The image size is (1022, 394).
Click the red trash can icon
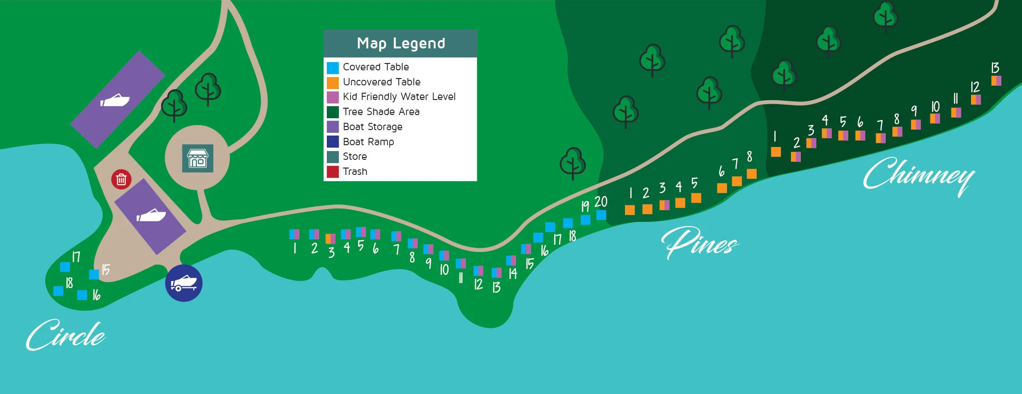pos(121,179)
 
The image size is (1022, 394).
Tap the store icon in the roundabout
pos(198,158)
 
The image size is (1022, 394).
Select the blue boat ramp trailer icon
pos(184,283)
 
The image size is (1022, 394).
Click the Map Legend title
pos(401,43)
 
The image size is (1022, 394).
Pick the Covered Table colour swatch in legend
pos(333,68)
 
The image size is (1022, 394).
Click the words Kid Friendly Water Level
pos(399,97)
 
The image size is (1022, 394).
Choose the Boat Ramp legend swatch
pos(333,142)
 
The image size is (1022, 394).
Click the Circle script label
pos(66,336)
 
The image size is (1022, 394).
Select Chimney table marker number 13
pos(996,81)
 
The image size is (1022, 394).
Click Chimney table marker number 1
pos(776,152)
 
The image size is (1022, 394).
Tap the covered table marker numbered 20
pos(601,215)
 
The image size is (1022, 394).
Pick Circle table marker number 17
pos(65,267)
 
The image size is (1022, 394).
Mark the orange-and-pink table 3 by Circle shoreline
pos(330,238)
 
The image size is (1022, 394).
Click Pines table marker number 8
pos(752,173)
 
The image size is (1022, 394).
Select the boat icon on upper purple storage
pos(115,100)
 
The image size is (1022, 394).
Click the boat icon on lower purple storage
pos(151,215)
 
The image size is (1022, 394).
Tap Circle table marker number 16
pos(82,295)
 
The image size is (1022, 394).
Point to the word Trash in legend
pos(355,172)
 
